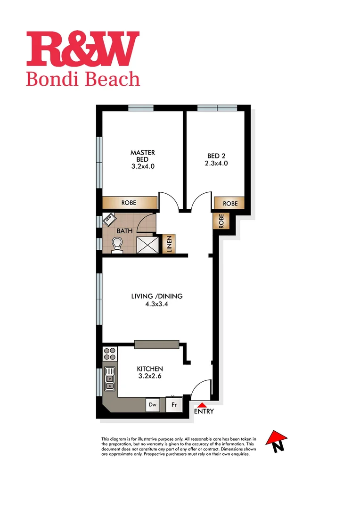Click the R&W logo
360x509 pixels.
coord(83,49)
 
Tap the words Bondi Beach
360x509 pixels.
coord(83,79)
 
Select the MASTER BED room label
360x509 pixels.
coord(142,156)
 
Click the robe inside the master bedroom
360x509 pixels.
coord(130,203)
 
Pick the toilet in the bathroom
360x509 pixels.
coord(117,244)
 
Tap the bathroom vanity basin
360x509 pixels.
coord(109,219)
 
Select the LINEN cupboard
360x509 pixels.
coord(169,244)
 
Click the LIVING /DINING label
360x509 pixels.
coord(156,296)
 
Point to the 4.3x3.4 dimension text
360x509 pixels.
coord(156,304)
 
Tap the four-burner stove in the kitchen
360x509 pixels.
coord(110,353)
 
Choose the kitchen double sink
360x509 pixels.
coord(110,379)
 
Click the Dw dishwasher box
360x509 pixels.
coord(153,404)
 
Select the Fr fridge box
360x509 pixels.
coord(173,404)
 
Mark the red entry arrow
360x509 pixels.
coord(202,404)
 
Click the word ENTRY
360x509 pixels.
coord(204,411)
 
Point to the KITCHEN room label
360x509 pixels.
coord(150,369)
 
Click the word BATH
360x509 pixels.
coord(124,231)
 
